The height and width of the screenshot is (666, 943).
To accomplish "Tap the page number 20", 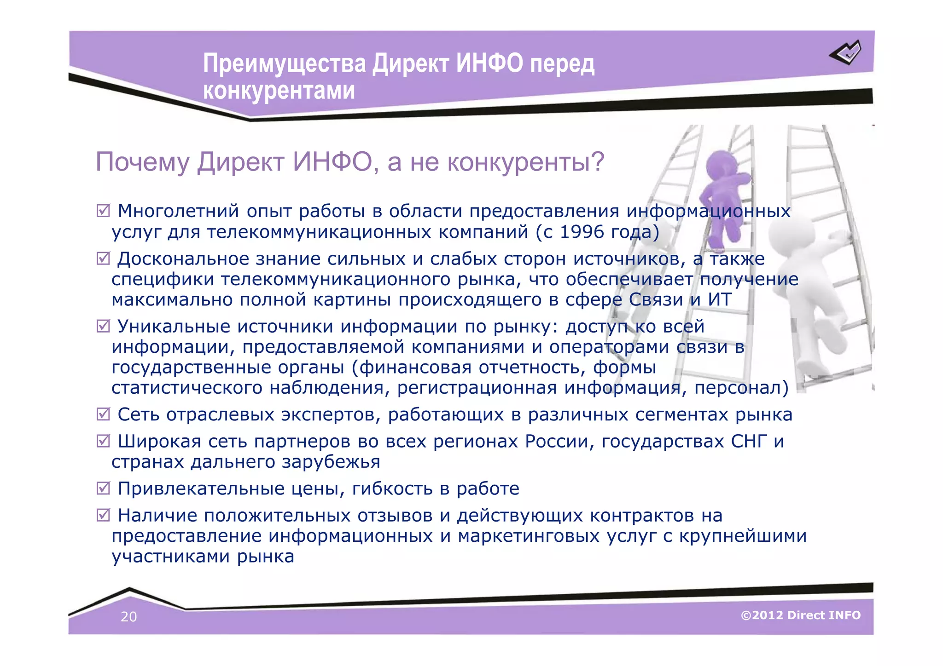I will click(128, 617).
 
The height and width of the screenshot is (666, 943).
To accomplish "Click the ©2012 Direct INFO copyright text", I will click(800, 615).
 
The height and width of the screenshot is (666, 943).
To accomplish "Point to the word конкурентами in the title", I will click(279, 91).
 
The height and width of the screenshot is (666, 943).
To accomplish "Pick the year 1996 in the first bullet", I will click(582, 232).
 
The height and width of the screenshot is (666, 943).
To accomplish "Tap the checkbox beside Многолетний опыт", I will click(103, 211).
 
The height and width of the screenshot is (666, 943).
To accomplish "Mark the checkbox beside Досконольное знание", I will click(103, 258).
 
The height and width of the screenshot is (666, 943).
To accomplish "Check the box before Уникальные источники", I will click(103, 326).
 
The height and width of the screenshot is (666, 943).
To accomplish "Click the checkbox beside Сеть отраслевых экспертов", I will click(103, 414).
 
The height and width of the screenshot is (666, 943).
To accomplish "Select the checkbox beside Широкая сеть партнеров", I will click(103, 441).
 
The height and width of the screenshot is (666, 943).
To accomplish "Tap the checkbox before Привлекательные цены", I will click(103, 488).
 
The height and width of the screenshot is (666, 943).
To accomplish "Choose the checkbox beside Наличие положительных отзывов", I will click(103, 515).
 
